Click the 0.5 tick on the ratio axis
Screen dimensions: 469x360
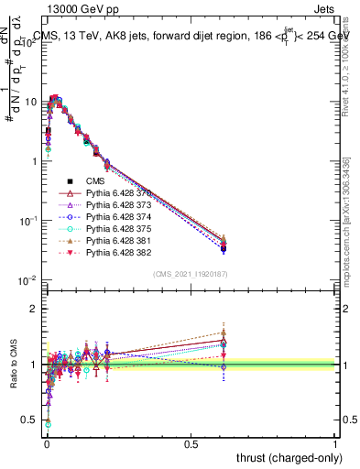point(31,420)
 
